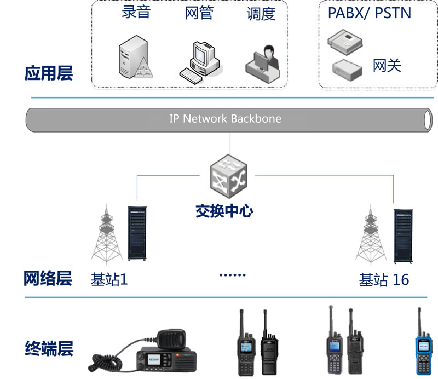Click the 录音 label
pos(136,12)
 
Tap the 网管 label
pos(199,13)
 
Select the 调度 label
pos(261,14)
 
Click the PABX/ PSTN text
pos(369,13)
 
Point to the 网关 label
pos(387,66)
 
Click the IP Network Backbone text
pos(225,118)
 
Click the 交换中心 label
pos(224,211)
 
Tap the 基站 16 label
pos(384,279)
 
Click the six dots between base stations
pos(233,275)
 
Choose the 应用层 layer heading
pos(48,74)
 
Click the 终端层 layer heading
pos(49,348)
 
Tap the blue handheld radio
pos(423,345)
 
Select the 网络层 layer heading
pos(48,279)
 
